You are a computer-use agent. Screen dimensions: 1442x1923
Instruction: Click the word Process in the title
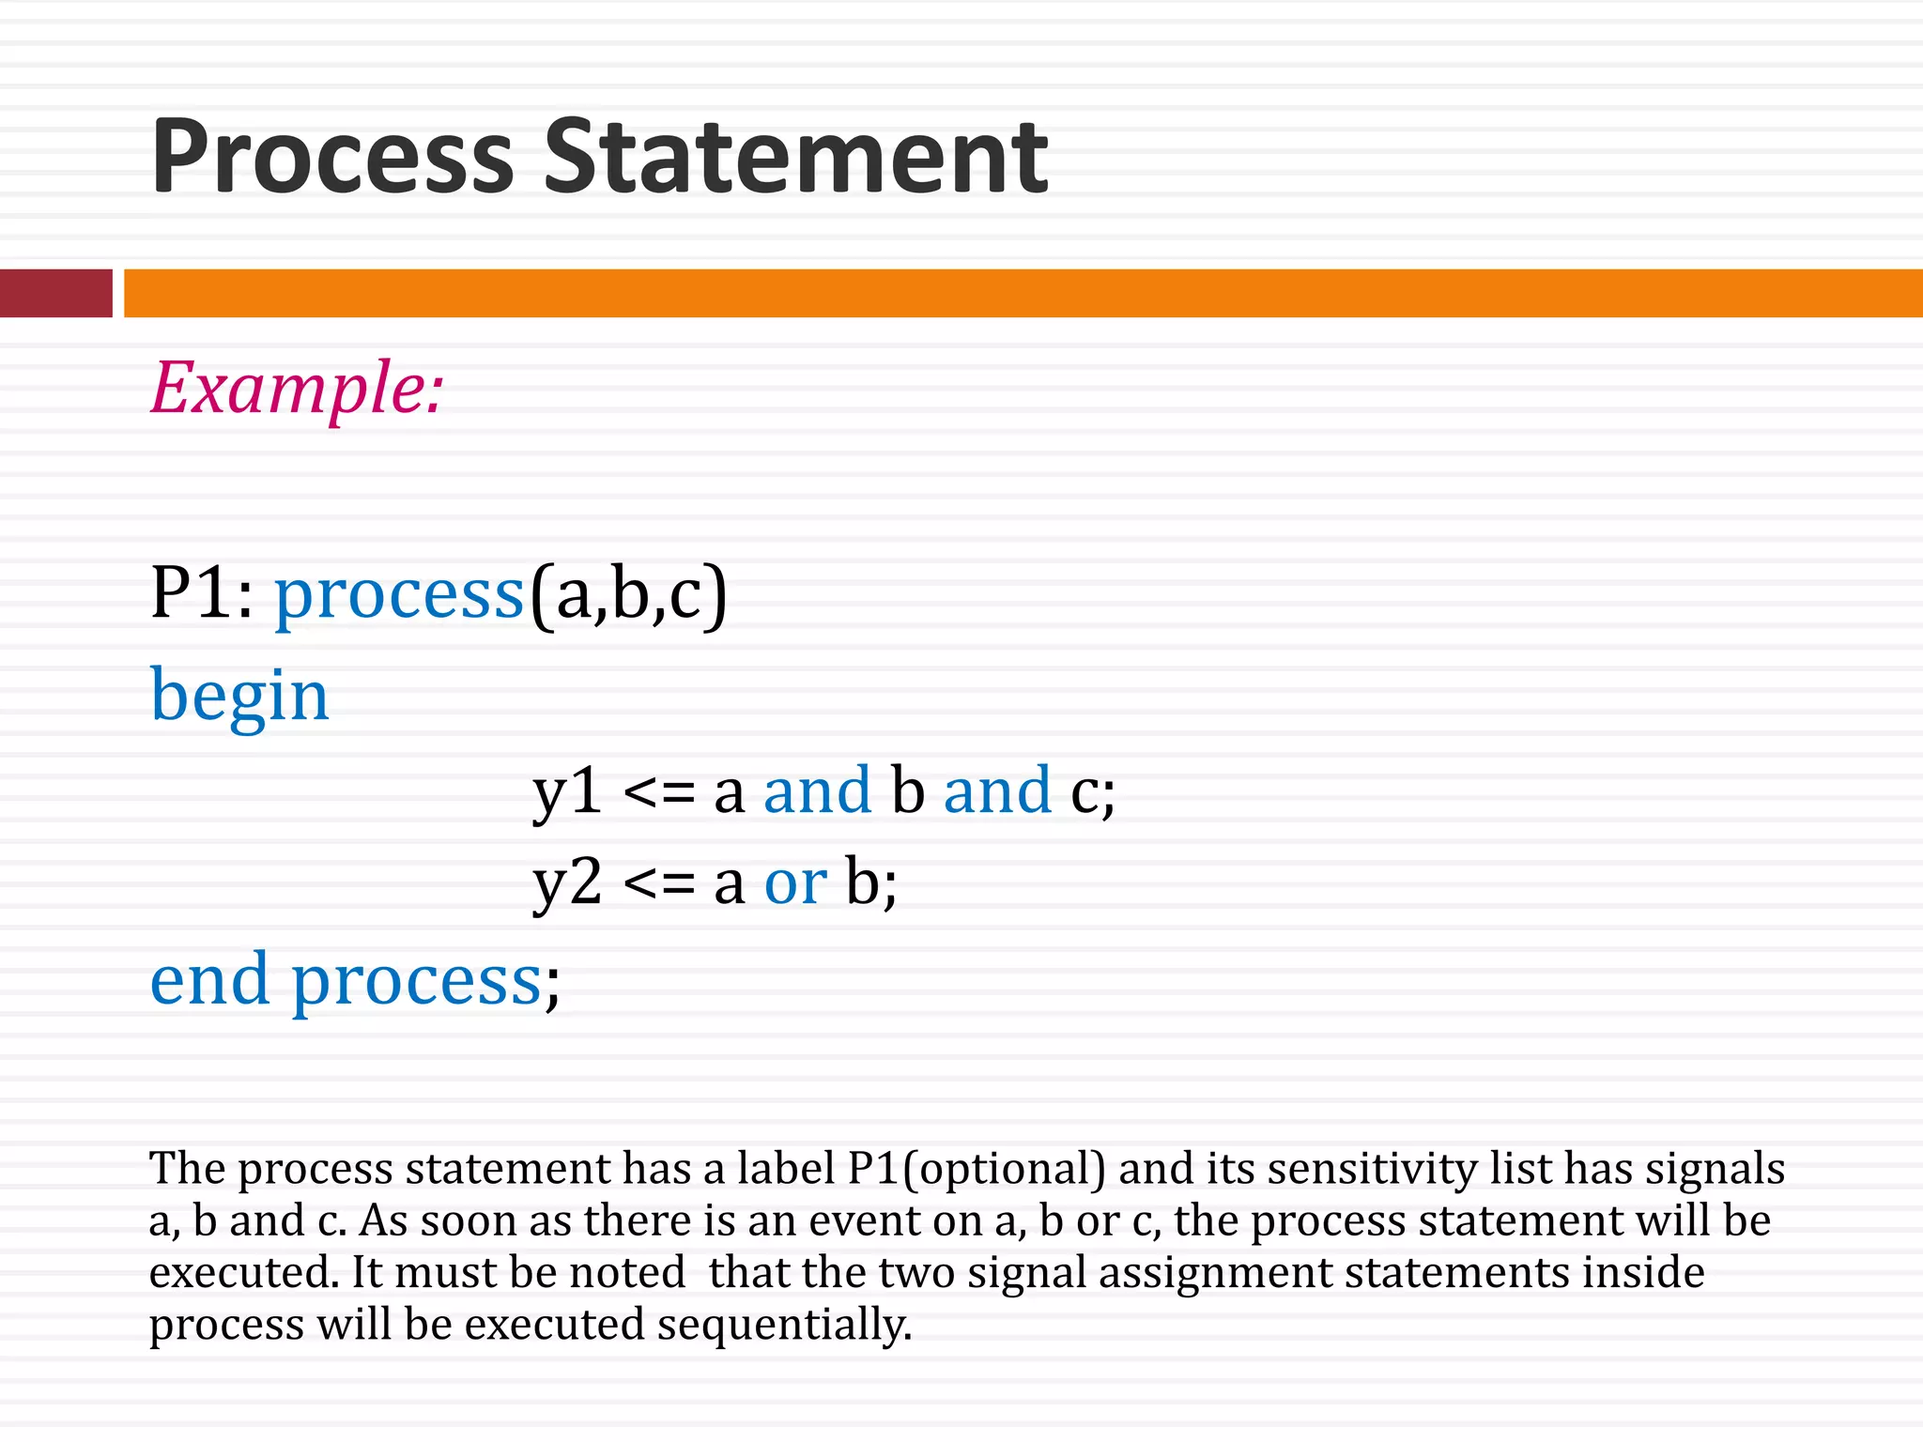click(x=332, y=158)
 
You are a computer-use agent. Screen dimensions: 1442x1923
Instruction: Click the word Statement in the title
click(x=795, y=158)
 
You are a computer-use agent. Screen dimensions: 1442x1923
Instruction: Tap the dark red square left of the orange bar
click(x=55, y=293)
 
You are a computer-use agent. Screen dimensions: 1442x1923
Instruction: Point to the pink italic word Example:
click(x=297, y=389)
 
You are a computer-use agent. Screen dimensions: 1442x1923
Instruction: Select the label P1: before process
click(x=201, y=593)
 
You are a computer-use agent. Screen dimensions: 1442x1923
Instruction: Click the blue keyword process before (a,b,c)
click(x=399, y=595)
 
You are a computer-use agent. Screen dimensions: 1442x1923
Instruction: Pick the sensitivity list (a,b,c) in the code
click(x=628, y=595)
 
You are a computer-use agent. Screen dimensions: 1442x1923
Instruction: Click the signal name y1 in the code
click(x=567, y=790)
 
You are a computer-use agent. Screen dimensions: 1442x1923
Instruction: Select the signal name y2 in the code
click(x=567, y=882)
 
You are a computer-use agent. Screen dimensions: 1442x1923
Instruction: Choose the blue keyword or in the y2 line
click(x=794, y=883)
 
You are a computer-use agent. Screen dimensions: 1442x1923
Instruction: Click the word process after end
click(x=417, y=982)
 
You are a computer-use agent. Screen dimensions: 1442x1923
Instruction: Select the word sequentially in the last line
click(x=784, y=1325)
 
